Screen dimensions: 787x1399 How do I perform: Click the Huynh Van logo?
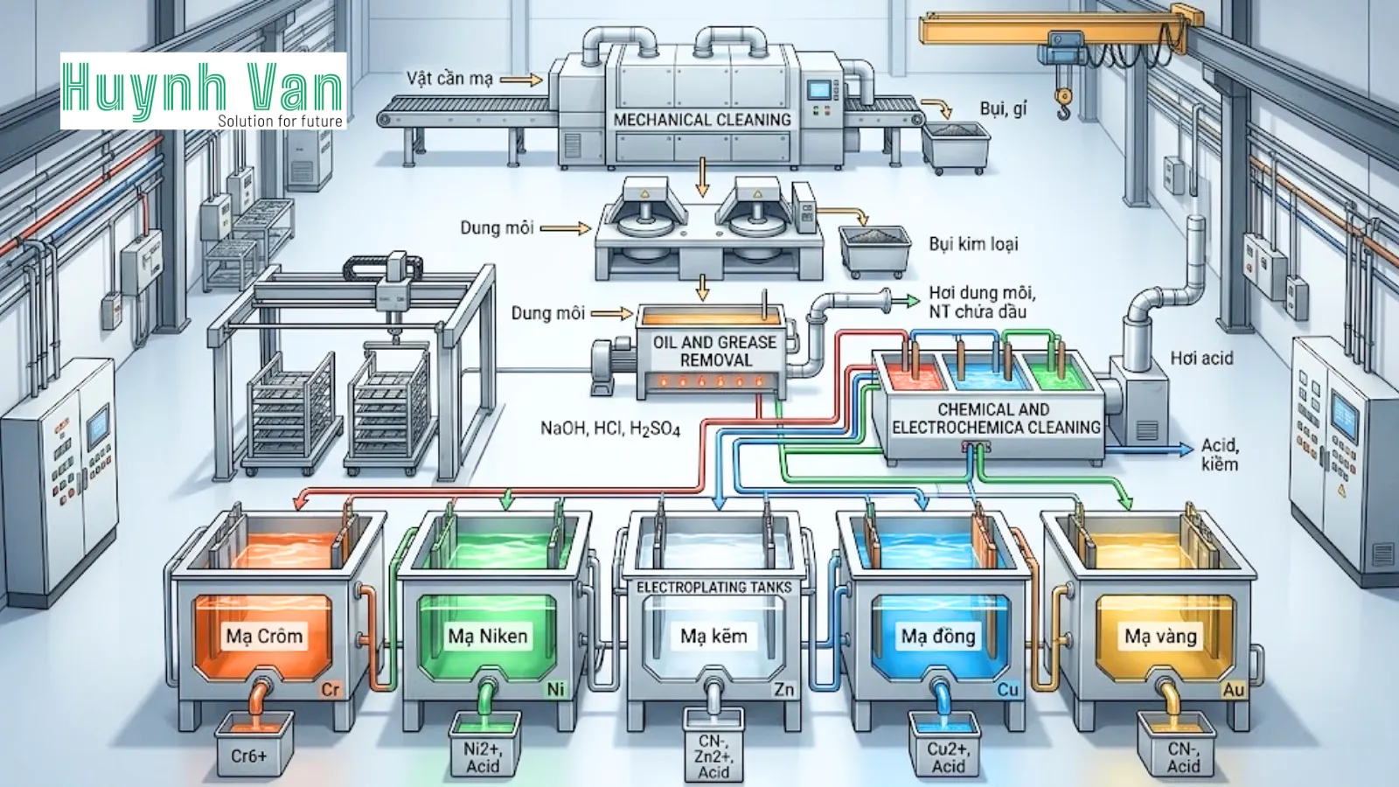[x=203, y=91]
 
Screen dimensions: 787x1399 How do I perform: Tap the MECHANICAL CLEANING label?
[x=702, y=120]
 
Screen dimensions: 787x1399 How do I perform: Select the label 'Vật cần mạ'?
[x=449, y=79]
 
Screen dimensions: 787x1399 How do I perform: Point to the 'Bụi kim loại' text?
[x=973, y=244]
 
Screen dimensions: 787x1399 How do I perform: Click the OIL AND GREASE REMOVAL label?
[x=715, y=351]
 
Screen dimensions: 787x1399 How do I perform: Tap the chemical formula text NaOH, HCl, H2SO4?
[x=609, y=428]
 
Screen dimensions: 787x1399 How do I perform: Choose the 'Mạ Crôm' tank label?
[x=264, y=636]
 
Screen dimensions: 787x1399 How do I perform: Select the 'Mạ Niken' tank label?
[x=488, y=636]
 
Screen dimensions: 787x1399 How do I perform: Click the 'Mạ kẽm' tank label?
[x=713, y=636]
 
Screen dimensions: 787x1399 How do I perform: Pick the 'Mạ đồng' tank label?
[x=938, y=636]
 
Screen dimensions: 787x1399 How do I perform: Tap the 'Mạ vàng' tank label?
[x=1161, y=636]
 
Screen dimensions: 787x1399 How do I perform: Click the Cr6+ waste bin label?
[x=248, y=756]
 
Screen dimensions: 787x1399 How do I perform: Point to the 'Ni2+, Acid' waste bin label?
[x=483, y=757]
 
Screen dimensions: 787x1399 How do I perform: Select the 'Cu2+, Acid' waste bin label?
[x=949, y=757]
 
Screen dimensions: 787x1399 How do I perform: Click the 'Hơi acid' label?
[x=1201, y=358]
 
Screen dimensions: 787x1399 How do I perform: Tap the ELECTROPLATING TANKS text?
[x=713, y=588]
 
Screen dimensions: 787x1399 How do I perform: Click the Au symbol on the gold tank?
[x=1233, y=690]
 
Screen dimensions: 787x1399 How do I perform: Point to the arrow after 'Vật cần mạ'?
[x=521, y=80]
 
